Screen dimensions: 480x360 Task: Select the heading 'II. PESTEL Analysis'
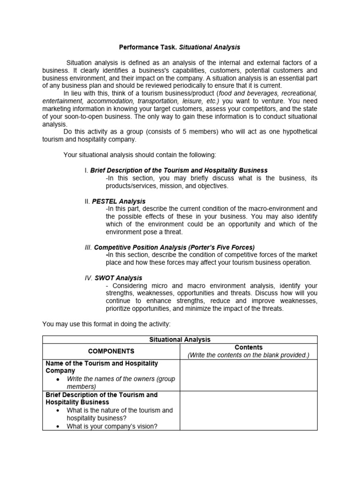coord(115,201)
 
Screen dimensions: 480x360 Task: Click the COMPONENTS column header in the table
coord(111,351)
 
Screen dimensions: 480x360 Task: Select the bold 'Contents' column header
coord(248,347)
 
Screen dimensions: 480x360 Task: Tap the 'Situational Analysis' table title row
coord(180,339)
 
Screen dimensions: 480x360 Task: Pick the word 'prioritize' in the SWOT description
coord(122,308)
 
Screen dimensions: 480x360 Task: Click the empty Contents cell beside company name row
coord(248,375)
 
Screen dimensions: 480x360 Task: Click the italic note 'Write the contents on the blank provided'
coord(248,355)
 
